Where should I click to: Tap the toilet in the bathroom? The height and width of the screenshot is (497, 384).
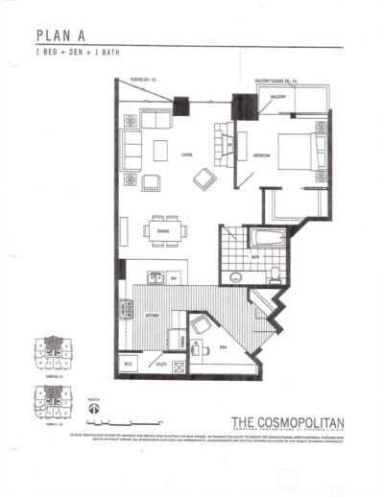(274, 275)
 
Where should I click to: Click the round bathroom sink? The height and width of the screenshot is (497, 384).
(235, 277)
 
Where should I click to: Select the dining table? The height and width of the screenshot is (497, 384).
(160, 231)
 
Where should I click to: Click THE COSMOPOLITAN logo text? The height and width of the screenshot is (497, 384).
(288, 422)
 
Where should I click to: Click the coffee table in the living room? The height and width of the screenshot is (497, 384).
(160, 151)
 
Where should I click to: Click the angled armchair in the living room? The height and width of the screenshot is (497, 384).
(204, 177)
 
